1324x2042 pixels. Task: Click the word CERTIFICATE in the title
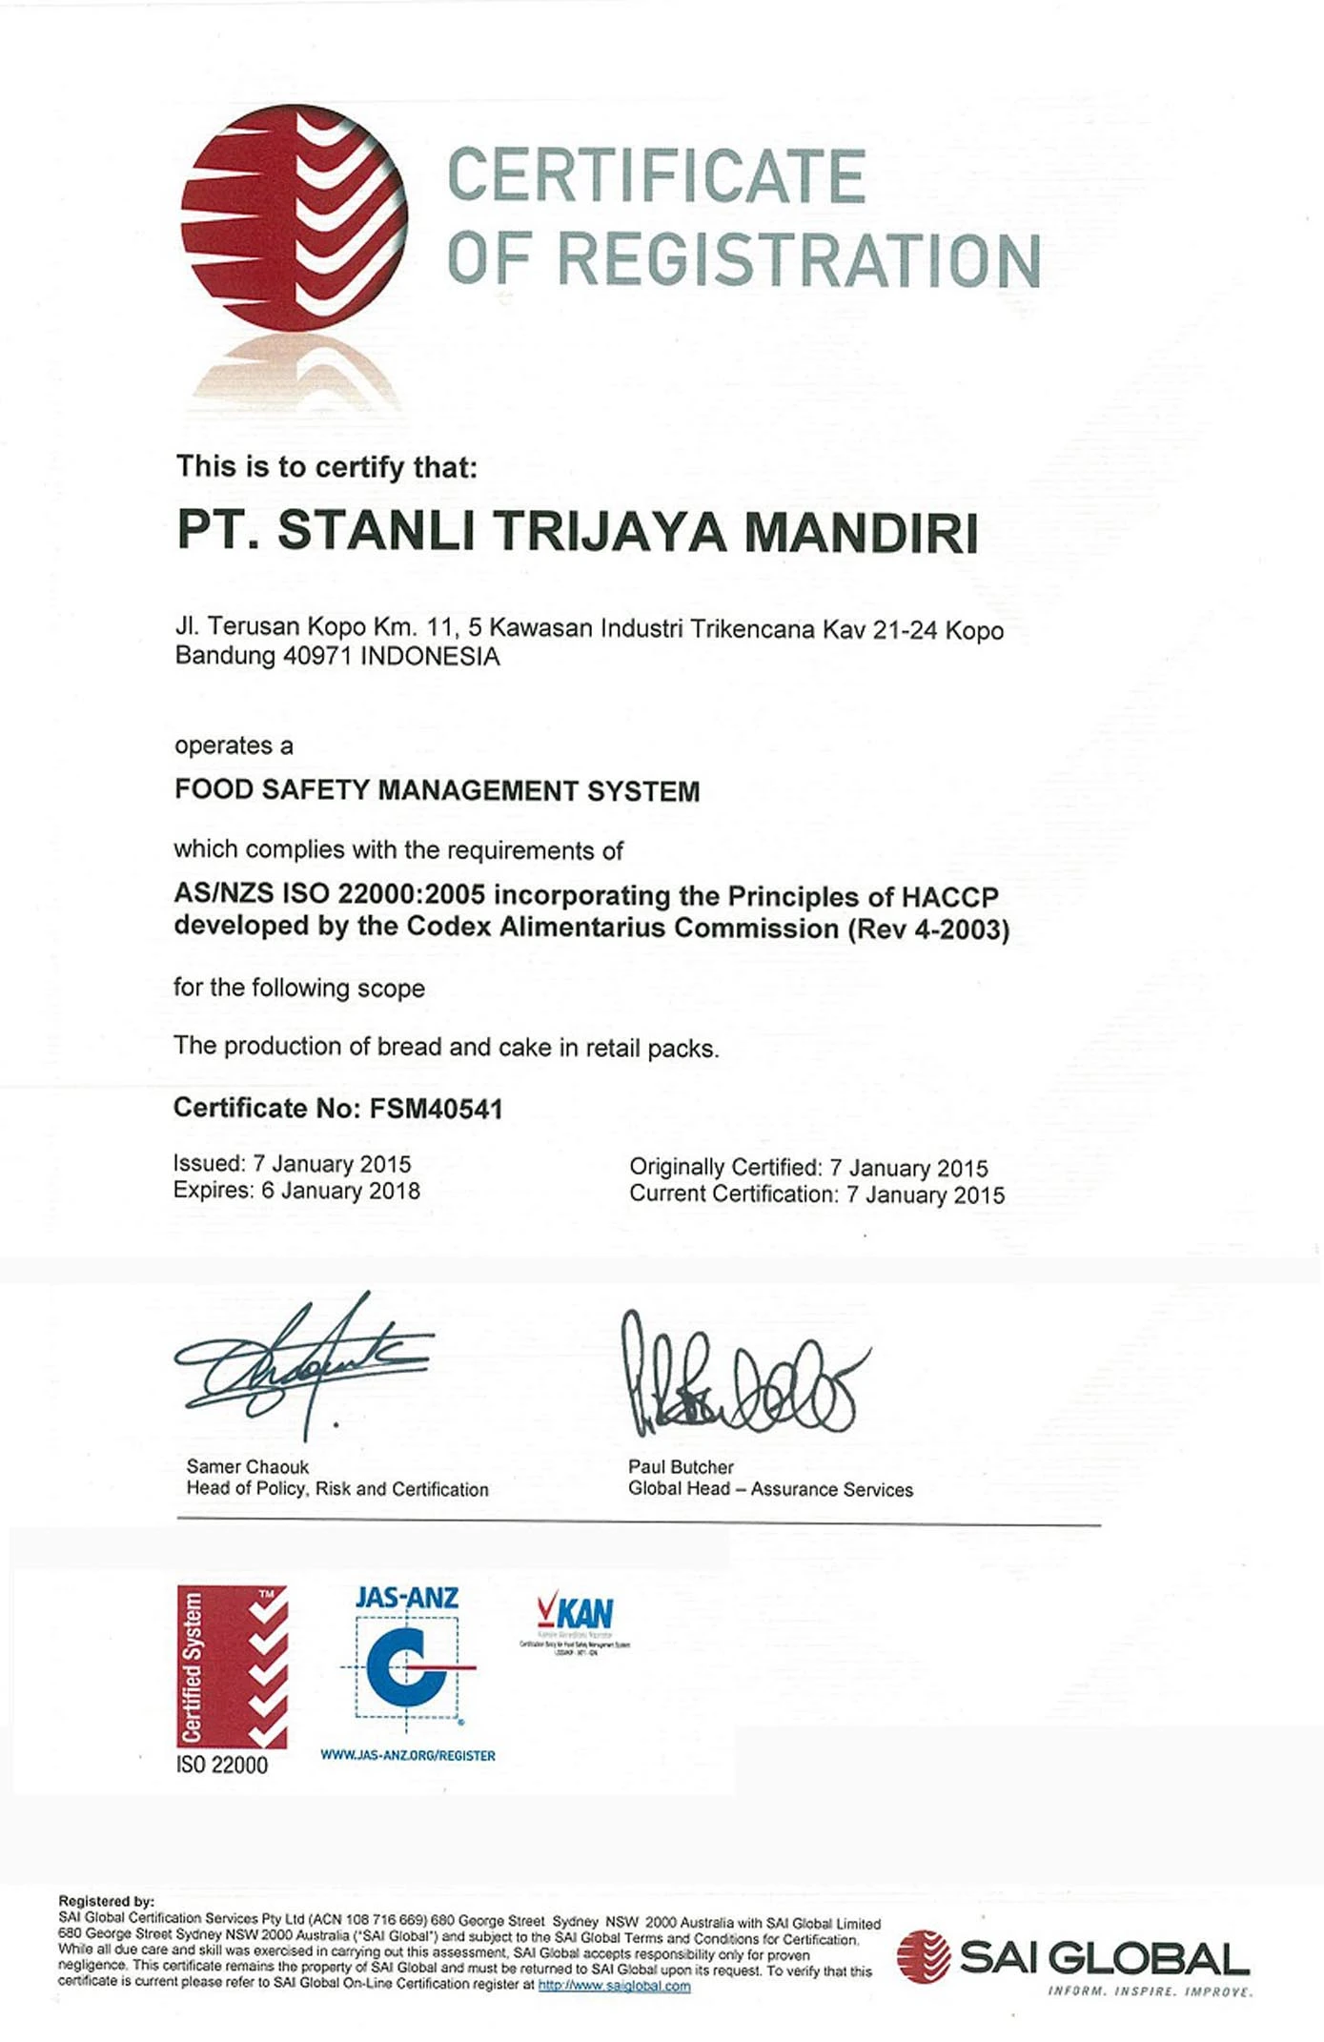click(x=656, y=176)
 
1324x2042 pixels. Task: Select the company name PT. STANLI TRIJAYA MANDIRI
click(x=578, y=531)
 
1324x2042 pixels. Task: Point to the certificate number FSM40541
click(x=436, y=1108)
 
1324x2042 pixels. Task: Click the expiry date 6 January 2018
click(x=340, y=1191)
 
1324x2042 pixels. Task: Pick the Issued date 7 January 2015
click(x=332, y=1164)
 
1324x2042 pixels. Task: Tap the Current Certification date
click(x=925, y=1195)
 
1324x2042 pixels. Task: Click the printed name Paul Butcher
click(x=681, y=1467)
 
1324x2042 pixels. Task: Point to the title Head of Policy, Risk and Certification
click(x=337, y=1489)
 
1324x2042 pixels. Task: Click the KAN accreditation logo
click(x=575, y=1614)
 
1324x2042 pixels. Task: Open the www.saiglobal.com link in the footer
click(x=614, y=1986)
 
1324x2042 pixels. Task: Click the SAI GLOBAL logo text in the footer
click(x=1103, y=1958)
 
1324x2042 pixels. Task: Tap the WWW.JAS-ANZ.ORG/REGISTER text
click(x=408, y=1755)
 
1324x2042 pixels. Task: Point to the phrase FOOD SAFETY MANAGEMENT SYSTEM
click(x=437, y=790)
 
